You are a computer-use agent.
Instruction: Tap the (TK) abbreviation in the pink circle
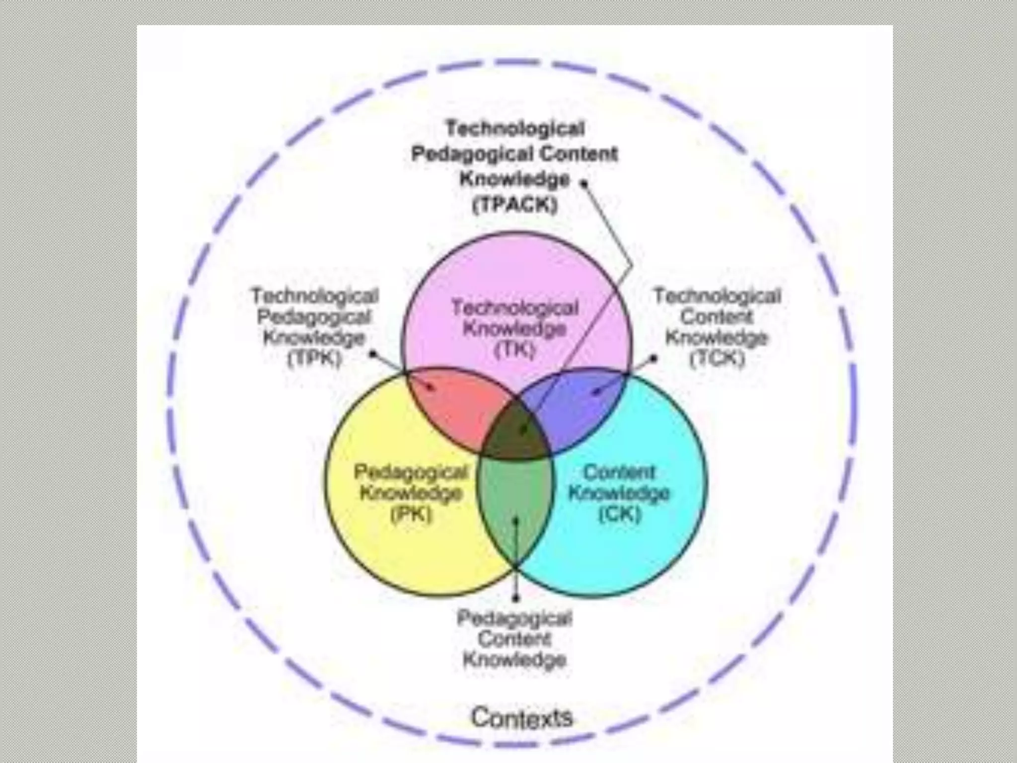tap(515, 350)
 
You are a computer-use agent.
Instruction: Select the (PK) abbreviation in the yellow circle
tap(411, 515)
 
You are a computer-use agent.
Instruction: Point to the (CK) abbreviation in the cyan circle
tap(620, 514)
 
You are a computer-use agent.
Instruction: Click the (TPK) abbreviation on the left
tap(315, 359)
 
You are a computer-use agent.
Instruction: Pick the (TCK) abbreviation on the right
tap(718, 359)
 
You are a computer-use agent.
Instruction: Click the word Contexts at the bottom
tap(522, 717)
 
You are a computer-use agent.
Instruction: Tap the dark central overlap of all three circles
tap(516, 432)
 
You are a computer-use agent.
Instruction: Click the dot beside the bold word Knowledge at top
tap(584, 183)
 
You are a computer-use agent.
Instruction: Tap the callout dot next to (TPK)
tap(373, 354)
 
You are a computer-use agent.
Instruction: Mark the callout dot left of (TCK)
tap(654, 357)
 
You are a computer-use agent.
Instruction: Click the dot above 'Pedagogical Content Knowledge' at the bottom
tap(516, 598)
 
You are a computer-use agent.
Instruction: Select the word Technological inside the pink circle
tap(515, 308)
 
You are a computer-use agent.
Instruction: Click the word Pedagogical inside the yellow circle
tap(411, 472)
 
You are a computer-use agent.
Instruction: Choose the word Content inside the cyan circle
tap(619, 472)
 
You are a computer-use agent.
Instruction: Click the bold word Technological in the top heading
tap(515, 129)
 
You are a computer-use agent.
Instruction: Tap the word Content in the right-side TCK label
tap(717, 317)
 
